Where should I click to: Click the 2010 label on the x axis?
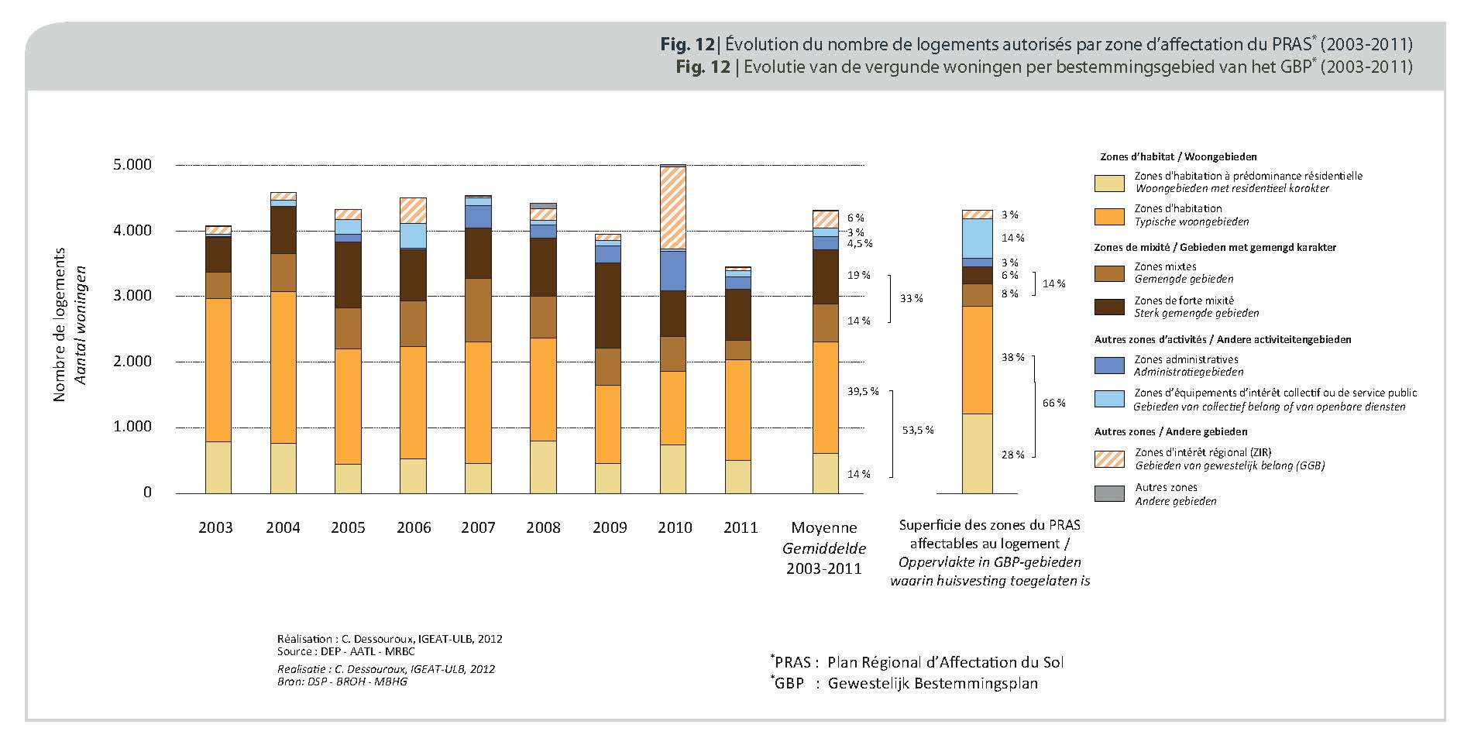click(675, 528)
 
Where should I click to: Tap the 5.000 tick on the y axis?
click(132, 165)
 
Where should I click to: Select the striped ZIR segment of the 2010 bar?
click(673, 208)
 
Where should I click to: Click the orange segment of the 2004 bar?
click(283, 367)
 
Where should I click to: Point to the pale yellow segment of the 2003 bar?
click(218, 468)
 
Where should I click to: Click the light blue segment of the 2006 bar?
click(413, 235)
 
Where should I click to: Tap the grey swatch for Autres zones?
click(1109, 494)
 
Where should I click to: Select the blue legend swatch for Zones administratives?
click(1109, 366)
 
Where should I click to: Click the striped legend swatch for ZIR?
click(1109, 458)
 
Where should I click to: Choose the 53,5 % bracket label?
click(918, 431)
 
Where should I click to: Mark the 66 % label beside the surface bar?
click(1054, 403)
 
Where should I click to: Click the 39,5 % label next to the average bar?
click(863, 392)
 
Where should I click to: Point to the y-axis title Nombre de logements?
click(60, 324)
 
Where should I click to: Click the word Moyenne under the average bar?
click(824, 528)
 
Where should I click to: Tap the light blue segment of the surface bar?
click(977, 238)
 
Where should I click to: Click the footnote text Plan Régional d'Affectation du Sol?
click(945, 663)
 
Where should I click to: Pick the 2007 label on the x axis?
click(478, 528)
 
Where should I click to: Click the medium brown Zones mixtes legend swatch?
click(1109, 273)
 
